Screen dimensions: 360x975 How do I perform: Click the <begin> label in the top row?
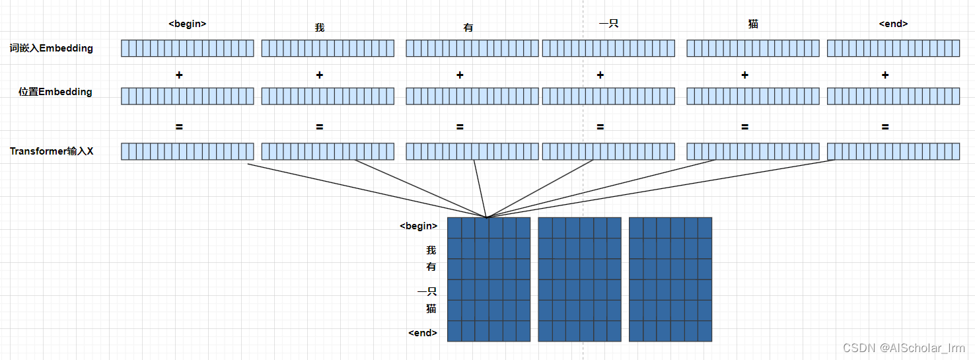click(x=188, y=24)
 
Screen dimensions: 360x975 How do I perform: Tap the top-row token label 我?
click(x=320, y=28)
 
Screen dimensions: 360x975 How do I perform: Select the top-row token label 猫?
click(x=753, y=24)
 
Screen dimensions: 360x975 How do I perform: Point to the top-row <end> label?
click(x=893, y=24)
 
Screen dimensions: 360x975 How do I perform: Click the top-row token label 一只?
click(x=608, y=24)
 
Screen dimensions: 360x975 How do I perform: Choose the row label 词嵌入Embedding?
click(x=51, y=48)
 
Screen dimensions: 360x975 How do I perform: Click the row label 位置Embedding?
click(x=55, y=92)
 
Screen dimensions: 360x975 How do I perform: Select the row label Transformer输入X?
click(x=52, y=151)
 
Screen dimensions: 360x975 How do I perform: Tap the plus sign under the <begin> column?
click(x=179, y=75)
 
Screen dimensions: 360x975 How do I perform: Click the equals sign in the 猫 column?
click(x=744, y=127)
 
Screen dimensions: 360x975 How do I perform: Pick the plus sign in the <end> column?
click(x=885, y=75)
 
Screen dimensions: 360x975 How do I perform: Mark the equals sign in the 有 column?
click(x=460, y=127)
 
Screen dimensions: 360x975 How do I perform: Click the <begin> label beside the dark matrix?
click(x=419, y=226)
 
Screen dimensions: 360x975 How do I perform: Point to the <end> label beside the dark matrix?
click(x=423, y=333)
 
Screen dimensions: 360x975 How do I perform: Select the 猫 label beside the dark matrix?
click(x=431, y=308)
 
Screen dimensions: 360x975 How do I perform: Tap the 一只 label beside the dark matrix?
click(x=427, y=291)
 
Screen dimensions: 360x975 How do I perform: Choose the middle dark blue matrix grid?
click(x=579, y=279)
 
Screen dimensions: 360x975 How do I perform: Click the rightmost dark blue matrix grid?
click(x=670, y=279)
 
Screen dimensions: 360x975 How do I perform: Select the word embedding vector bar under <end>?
click(x=893, y=48)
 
